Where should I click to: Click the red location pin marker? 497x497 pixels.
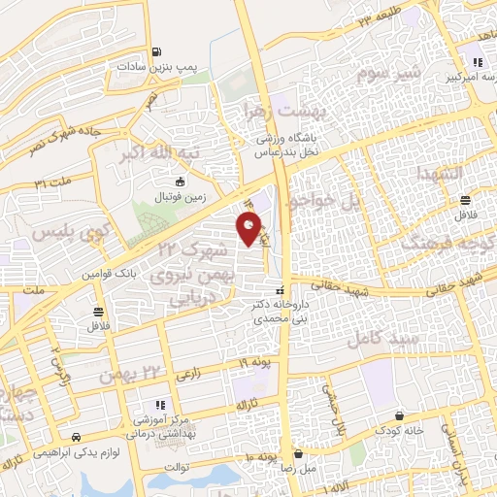(249, 229)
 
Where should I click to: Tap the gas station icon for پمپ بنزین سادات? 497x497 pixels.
(155, 52)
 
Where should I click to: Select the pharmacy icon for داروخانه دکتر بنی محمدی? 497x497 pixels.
(281, 290)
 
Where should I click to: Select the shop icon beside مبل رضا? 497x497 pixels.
(300, 453)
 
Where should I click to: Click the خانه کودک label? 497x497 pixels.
(402, 430)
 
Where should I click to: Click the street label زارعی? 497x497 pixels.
(187, 372)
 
